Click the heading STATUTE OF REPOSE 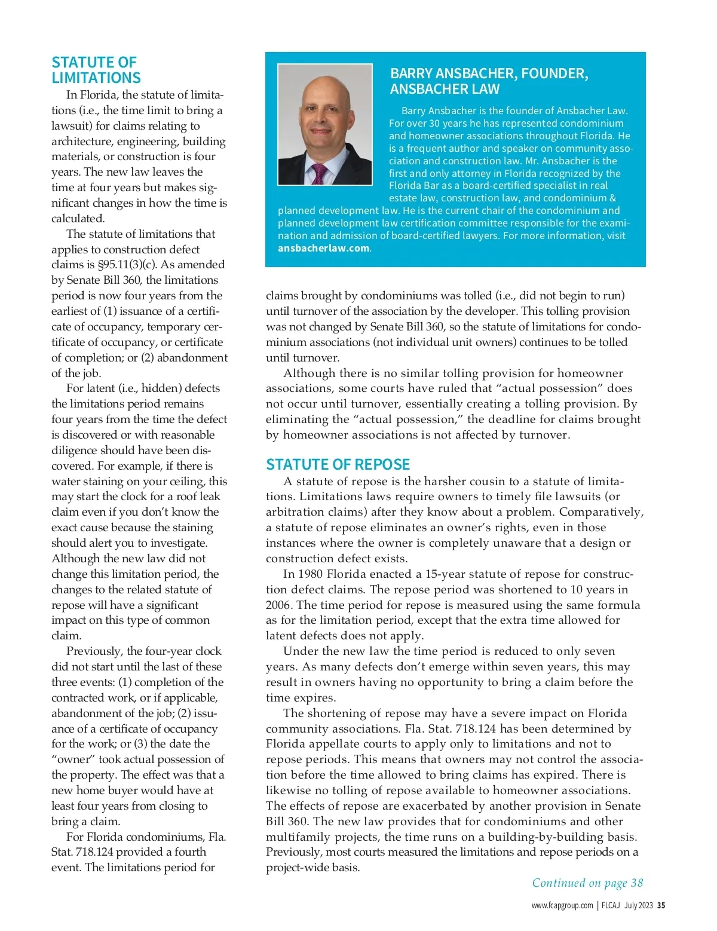(x=338, y=464)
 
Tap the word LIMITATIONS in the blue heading (x=96, y=78)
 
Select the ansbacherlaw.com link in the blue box (x=324, y=248)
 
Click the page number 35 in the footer (x=661, y=905)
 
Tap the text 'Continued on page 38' (x=587, y=883)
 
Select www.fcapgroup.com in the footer (x=562, y=905)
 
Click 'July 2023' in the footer (x=638, y=905)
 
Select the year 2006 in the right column (x=278, y=605)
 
